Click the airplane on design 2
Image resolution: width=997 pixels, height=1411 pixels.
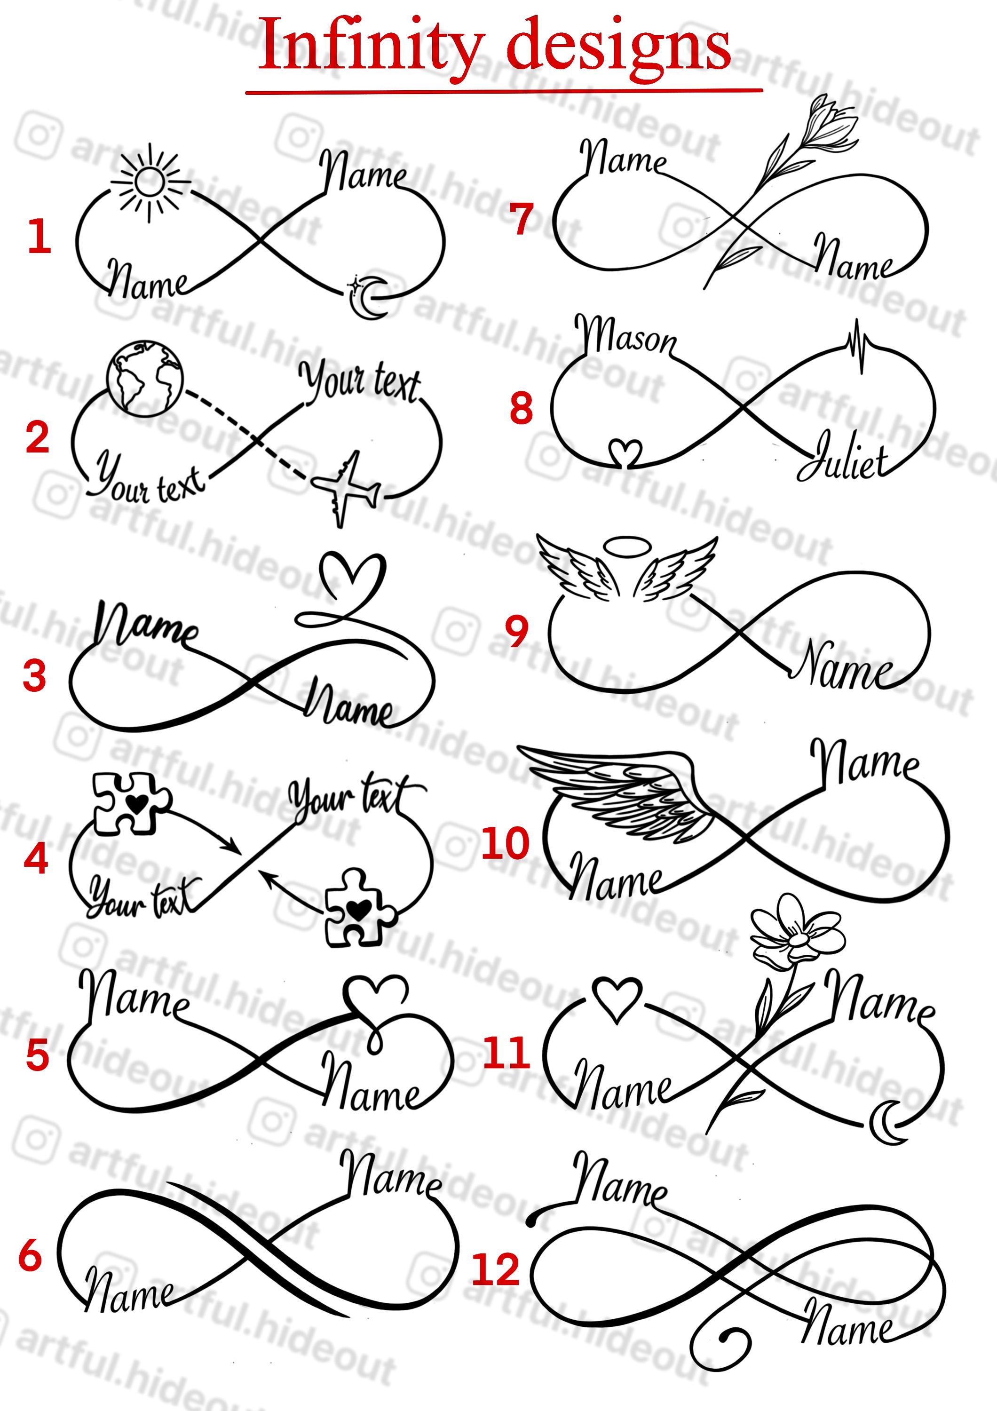pos(345,489)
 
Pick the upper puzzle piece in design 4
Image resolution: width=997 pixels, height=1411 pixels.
pos(132,802)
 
